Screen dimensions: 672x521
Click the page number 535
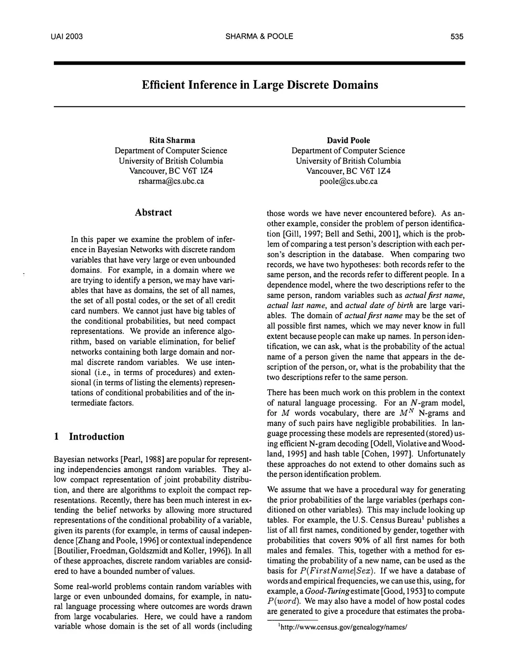coord(456,37)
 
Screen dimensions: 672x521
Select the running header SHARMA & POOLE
coord(259,37)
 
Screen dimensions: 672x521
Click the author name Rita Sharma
coord(171,140)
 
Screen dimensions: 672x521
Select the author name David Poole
coord(348,140)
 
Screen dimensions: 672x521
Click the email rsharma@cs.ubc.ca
coord(171,181)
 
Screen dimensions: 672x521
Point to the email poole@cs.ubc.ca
coord(349,181)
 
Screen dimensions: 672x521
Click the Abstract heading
coord(153,212)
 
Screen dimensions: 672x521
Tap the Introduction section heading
coord(97,437)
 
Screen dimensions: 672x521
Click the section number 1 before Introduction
coord(57,437)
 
